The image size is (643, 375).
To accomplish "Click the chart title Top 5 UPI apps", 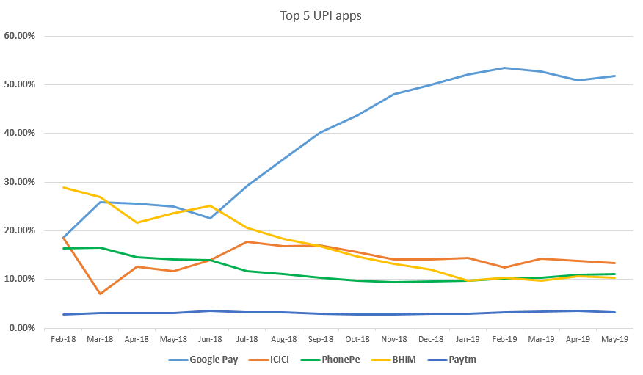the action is (321, 16).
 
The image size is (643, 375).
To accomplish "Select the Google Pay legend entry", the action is (203, 360).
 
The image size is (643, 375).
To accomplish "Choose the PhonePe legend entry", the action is (330, 360).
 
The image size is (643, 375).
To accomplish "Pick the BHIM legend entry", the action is (393, 360).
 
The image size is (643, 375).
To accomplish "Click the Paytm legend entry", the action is (451, 360).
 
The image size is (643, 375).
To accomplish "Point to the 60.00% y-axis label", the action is (19, 36).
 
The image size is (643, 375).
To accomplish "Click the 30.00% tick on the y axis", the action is (19, 182).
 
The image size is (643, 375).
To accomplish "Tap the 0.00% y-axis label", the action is (21, 328).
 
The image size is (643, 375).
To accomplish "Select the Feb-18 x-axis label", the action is (63, 339).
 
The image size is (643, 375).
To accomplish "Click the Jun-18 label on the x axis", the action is (210, 339).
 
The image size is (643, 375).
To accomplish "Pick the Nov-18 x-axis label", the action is (393, 339).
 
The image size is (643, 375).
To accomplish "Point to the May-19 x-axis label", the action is (614, 339).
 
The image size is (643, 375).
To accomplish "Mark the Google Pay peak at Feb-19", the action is (504, 68).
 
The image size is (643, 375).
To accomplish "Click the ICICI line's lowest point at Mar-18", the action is (100, 294).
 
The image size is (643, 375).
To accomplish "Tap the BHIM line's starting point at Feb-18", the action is (63, 187).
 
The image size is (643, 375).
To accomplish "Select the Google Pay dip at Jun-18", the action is (210, 218).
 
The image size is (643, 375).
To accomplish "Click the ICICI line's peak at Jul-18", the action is (247, 241).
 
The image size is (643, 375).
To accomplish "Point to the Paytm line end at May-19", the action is (614, 313).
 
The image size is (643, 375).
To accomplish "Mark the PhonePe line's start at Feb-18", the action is (63, 248).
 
